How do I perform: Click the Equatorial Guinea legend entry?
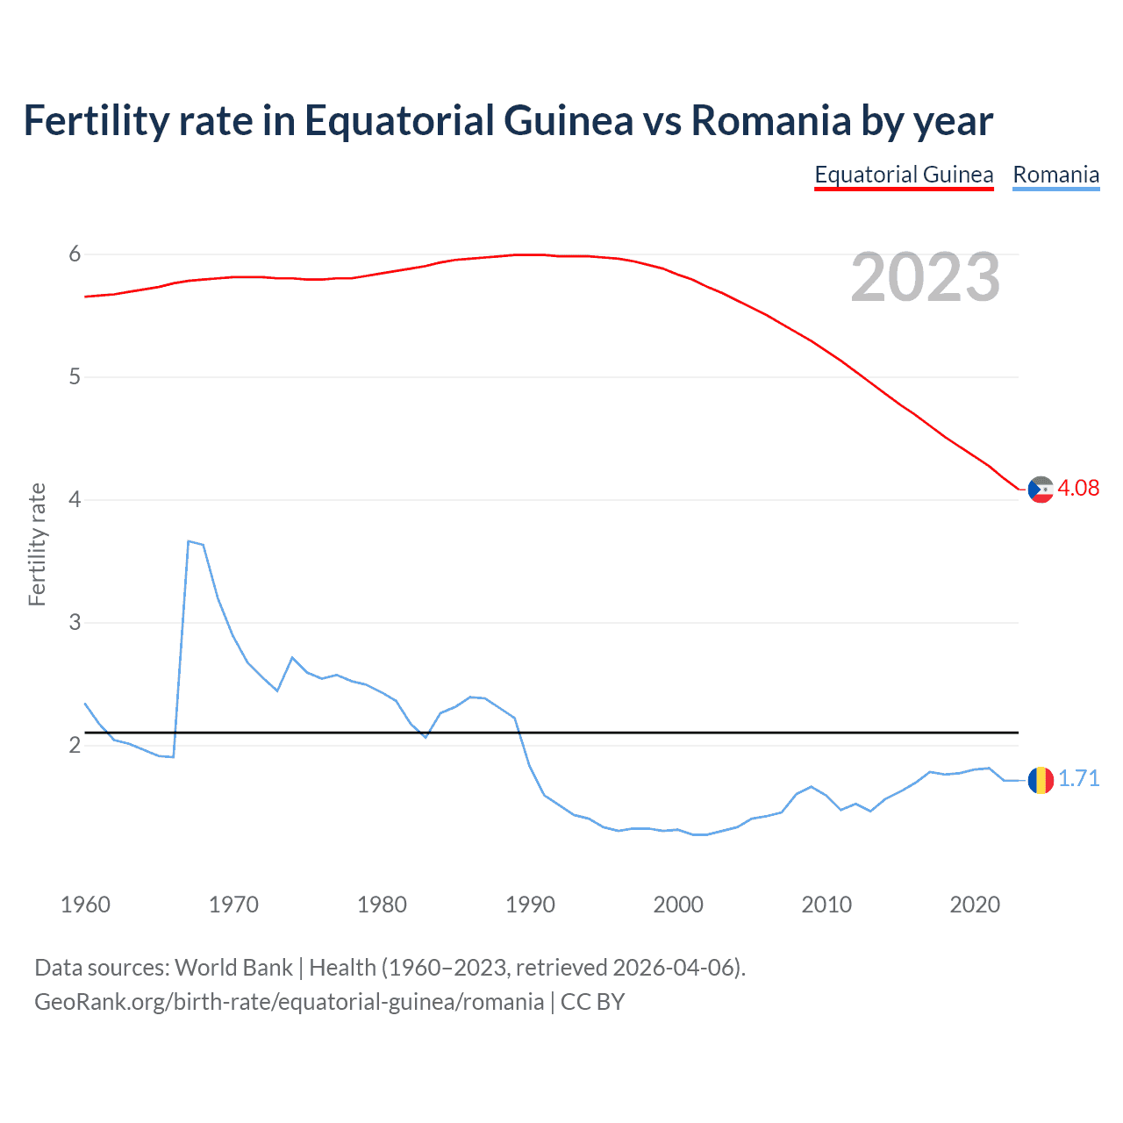[904, 175]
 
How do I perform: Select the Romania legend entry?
[1055, 175]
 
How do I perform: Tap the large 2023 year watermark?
[926, 277]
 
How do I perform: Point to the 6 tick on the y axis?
[75, 254]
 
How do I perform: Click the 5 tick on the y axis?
[75, 377]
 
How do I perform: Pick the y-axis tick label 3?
[75, 623]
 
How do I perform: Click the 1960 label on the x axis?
[85, 905]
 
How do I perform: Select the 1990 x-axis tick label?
[530, 905]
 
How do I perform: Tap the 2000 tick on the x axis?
[678, 905]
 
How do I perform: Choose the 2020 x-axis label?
[975, 905]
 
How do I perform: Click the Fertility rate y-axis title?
[37, 544]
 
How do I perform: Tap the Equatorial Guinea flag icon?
[1041, 490]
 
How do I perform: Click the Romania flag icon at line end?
[1041, 779]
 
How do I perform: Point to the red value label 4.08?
[1078, 489]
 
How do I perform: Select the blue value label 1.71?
[1078, 779]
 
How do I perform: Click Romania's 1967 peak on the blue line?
[189, 541]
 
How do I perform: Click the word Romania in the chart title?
[770, 121]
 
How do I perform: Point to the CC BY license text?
[592, 1002]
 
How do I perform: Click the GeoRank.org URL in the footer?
[289, 1002]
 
